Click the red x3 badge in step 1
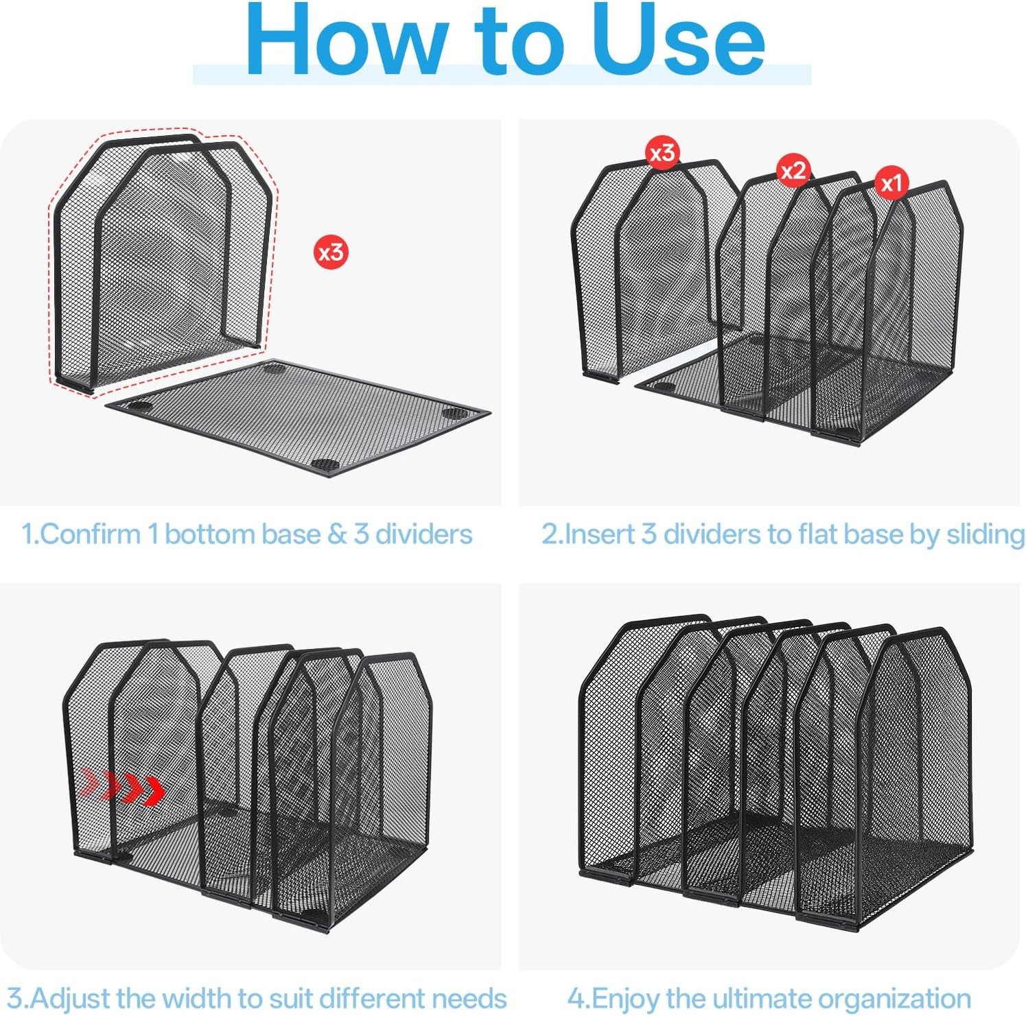pos(331,252)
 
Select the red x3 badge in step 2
pos(662,152)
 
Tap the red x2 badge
pos(793,170)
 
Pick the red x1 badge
pos(891,183)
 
